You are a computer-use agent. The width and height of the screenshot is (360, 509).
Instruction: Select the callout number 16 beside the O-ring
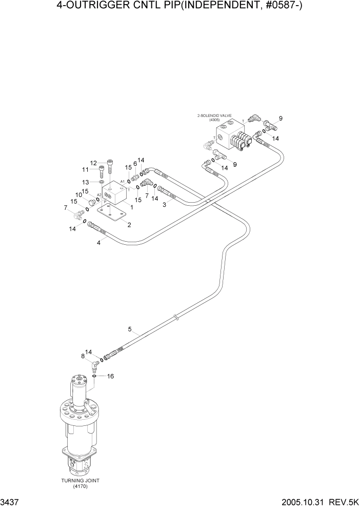[110, 376]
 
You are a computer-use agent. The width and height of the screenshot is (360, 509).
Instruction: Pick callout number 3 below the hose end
[164, 205]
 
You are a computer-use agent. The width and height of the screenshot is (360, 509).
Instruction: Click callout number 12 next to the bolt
[94, 163]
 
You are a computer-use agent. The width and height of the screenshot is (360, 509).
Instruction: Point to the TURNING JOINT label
[80, 480]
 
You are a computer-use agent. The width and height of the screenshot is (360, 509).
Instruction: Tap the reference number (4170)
[80, 486]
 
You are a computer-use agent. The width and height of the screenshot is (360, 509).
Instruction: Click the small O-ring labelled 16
[95, 377]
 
